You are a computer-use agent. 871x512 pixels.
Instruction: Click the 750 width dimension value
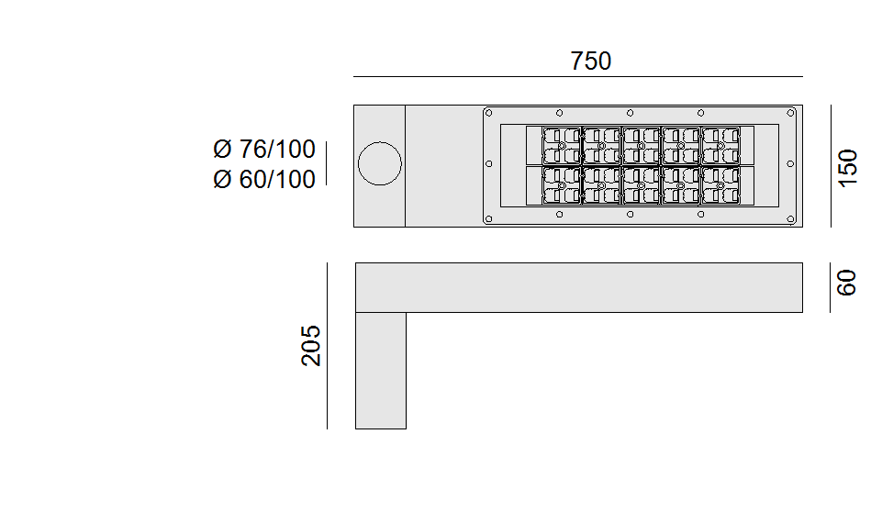pos(590,61)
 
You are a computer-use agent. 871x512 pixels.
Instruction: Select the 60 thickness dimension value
pos(846,282)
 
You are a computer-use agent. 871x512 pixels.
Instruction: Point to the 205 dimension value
pos(312,345)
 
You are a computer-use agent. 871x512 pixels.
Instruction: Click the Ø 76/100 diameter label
pos(263,150)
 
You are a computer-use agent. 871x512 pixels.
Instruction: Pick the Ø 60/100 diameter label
pos(263,179)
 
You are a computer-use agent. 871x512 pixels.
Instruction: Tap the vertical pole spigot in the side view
pos(380,370)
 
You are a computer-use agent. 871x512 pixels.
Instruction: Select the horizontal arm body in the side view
pos(578,287)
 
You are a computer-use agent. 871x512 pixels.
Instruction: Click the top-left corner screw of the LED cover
pos(489,113)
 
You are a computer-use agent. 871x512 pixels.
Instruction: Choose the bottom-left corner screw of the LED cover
pos(489,219)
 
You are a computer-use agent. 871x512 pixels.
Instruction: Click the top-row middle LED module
pos(640,145)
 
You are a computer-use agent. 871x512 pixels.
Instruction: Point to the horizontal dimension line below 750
pos(578,77)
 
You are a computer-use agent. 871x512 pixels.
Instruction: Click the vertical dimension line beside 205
pos(327,345)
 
